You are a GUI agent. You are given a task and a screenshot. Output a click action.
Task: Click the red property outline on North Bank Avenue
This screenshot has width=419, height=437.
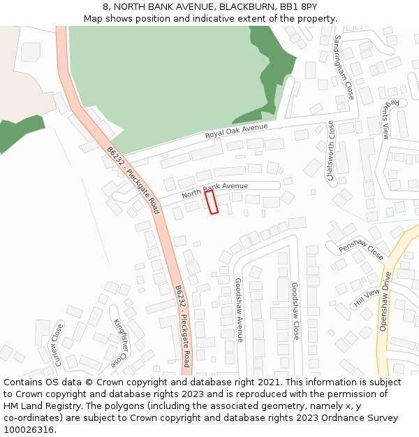coord(212,202)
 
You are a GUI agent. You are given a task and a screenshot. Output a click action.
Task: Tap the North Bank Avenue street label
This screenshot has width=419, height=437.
coord(215,190)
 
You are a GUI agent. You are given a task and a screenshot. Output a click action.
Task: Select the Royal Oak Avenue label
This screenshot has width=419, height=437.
coord(236,131)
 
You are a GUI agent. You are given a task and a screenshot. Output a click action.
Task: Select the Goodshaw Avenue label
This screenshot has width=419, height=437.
coord(239,310)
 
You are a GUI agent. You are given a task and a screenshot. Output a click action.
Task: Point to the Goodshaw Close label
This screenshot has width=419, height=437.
coord(295,311)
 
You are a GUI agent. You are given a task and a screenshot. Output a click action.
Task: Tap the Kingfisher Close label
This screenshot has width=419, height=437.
coord(120,343)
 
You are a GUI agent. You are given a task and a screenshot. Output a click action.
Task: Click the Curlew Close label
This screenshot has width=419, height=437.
coord(55,344)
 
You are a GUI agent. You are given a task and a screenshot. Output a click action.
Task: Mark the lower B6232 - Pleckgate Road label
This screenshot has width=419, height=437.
coord(182,326)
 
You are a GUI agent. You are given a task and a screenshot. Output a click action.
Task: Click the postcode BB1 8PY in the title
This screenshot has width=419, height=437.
coord(299,6)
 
